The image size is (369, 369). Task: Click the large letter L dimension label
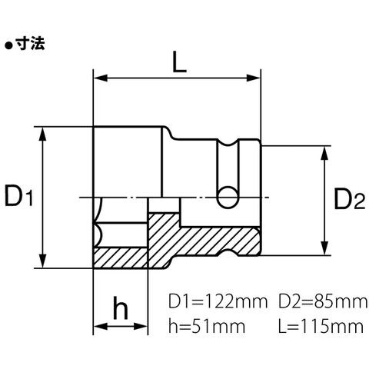pos(179,61)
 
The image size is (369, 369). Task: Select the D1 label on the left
pos(19,197)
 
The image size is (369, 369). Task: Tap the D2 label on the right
pos(349,199)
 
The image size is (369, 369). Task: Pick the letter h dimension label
pos(120,307)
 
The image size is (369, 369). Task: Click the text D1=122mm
pos(218,301)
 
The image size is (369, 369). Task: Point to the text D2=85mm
pos(323,301)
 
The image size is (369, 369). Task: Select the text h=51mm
pos(207,326)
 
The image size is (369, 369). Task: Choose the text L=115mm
pos(321,326)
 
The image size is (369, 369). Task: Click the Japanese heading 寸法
pos(30,44)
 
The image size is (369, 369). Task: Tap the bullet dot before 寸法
pos(8,46)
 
